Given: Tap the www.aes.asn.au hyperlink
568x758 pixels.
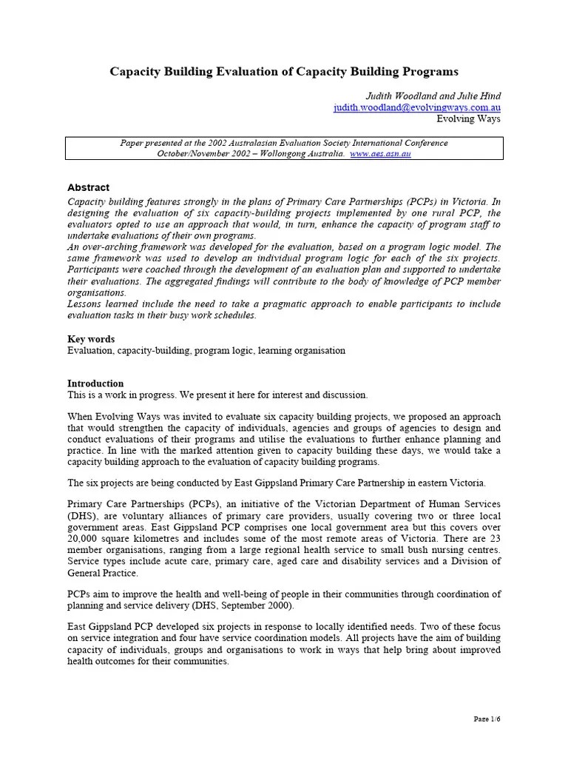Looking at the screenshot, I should [380, 153].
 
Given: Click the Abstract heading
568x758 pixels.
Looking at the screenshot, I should [88, 188].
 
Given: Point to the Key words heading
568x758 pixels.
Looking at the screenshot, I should [91, 339].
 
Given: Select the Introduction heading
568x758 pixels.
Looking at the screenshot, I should [95, 383].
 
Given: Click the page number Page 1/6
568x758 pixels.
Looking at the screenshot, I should [487, 719].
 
